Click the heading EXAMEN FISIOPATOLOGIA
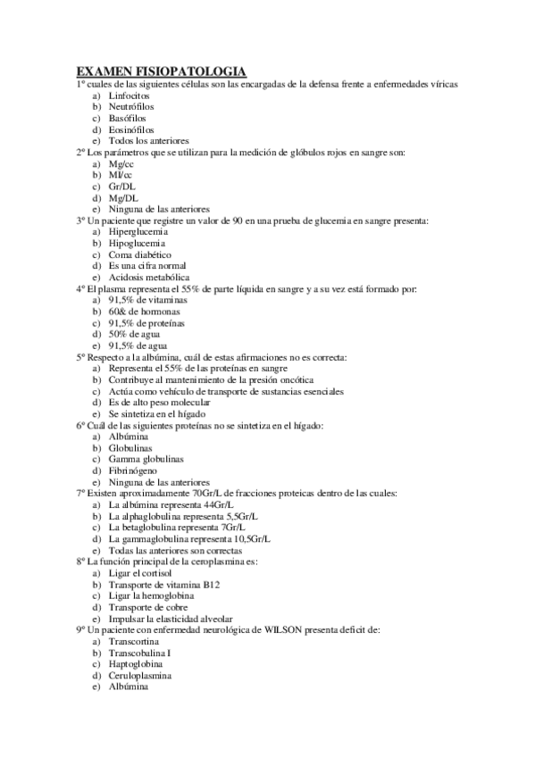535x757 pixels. [x=161, y=71]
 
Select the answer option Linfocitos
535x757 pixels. [x=129, y=95]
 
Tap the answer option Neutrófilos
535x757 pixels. [x=133, y=106]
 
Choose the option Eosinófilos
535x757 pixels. [x=132, y=129]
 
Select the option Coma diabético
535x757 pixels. [x=139, y=254]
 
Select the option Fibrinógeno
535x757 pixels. [x=136, y=470]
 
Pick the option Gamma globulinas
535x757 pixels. [x=146, y=459]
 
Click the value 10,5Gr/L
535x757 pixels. [x=252, y=539]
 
